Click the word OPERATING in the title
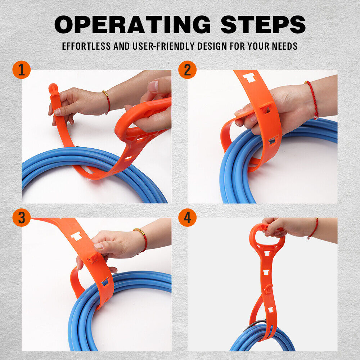[x=133, y=24]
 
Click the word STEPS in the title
[x=263, y=24]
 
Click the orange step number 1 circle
[x=22, y=70]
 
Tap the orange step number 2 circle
[x=188, y=70]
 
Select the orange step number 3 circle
[x=22, y=218]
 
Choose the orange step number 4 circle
[x=188, y=218]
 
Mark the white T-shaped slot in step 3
[x=76, y=236]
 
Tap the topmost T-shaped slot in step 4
[x=267, y=253]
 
